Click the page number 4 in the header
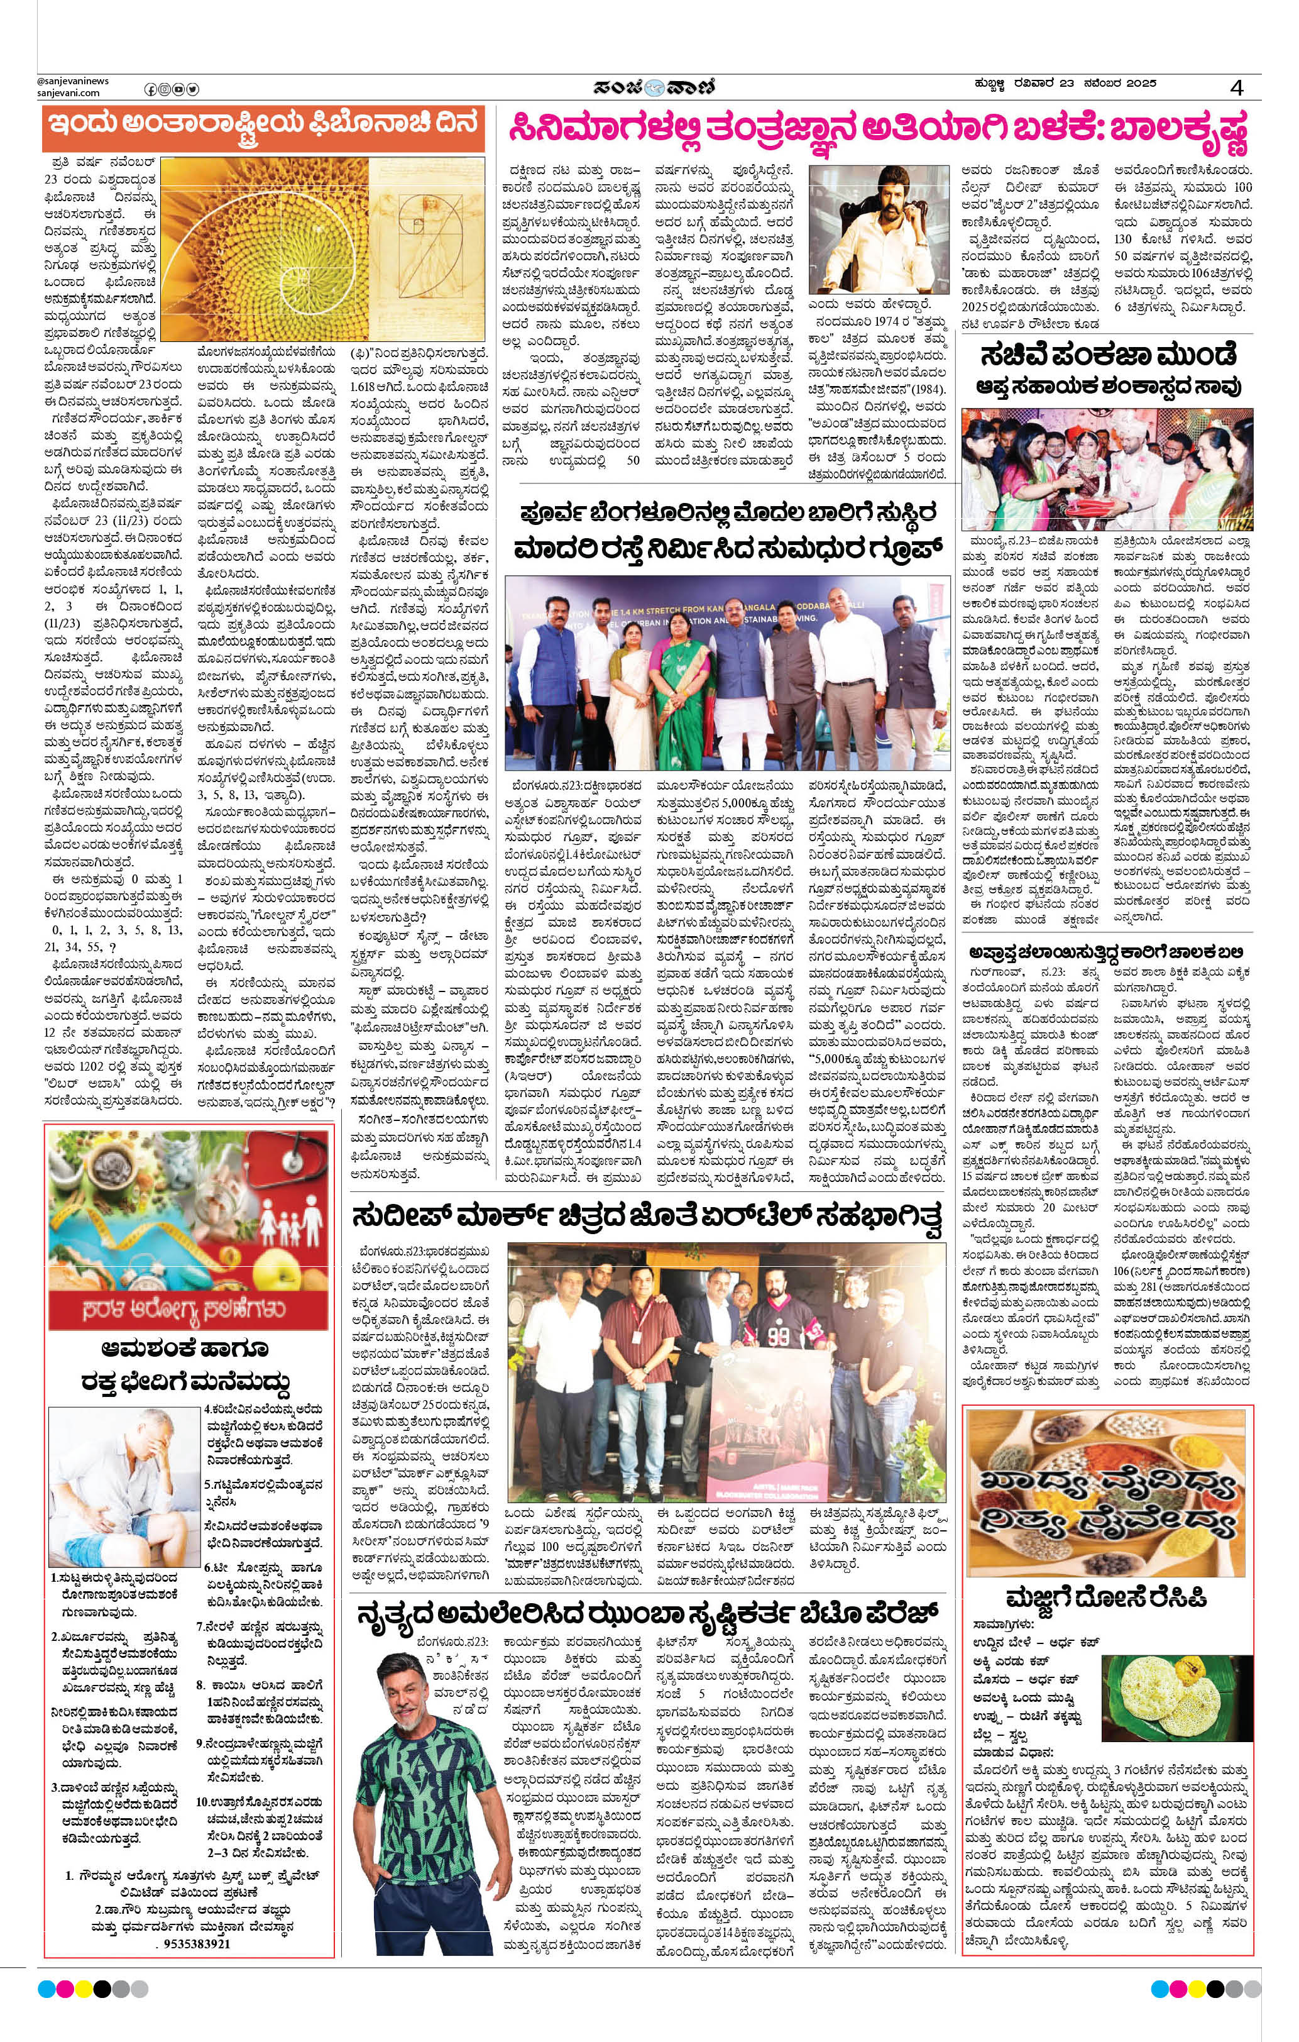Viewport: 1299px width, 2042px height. (1239, 88)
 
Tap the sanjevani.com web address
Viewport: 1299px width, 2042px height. (69, 93)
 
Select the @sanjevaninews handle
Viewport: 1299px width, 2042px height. (73, 81)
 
